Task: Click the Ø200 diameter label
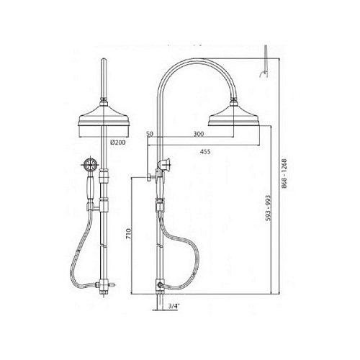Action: click(x=118, y=143)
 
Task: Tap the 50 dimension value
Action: click(x=150, y=134)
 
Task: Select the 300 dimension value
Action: click(x=199, y=134)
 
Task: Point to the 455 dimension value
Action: click(x=205, y=151)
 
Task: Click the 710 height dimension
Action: click(x=128, y=233)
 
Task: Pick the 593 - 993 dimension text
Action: click(x=268, y=208)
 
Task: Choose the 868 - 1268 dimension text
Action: click(x=284, y=173)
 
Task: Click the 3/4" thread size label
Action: click(x=174, y=306)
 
